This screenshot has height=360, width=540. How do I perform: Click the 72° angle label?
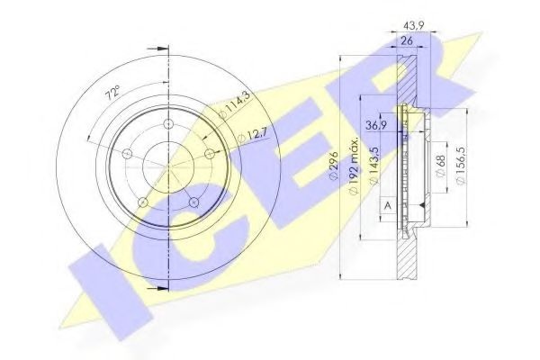(x=112, y=93)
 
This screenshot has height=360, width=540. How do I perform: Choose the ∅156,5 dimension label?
(x=462, y=167)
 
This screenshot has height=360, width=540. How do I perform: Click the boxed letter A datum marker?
(x=388, y=206)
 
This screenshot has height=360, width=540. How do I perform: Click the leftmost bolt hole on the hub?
(x=128, y=155)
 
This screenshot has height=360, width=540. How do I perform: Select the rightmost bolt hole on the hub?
(x=210, y=156)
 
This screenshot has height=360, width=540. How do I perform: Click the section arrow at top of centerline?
(x=160, y=47)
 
